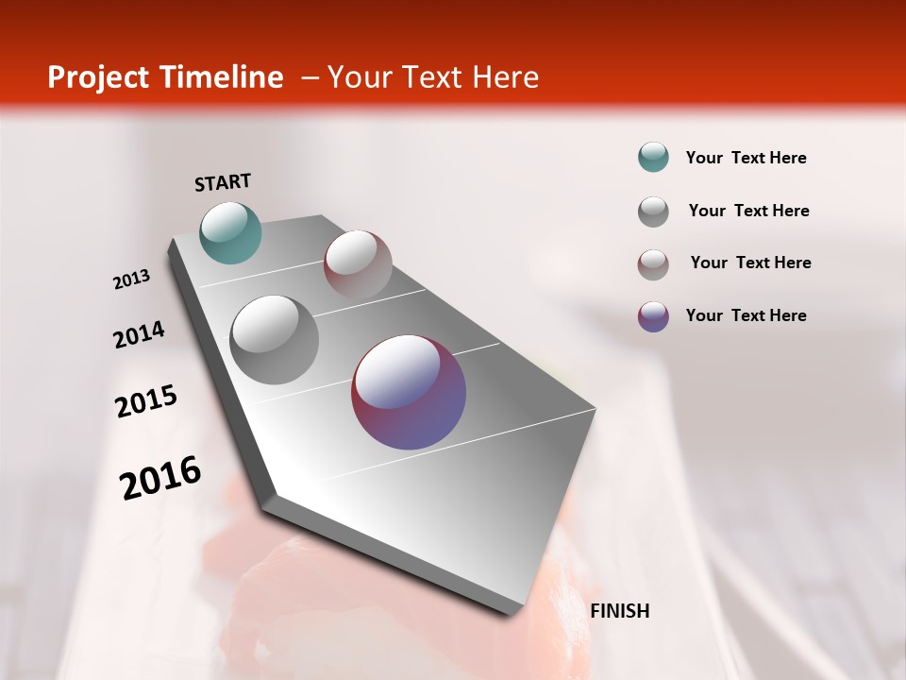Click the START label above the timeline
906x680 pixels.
point(223,181)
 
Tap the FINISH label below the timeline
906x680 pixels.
point(619,611)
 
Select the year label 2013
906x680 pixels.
point(131,280)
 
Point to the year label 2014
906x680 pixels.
point(139,335)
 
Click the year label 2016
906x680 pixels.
point(160,478)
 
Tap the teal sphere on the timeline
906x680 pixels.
point(230,232)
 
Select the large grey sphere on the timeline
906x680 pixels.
point(275,340)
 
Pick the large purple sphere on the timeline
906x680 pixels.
point(409,392)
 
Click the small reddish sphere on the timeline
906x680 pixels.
point(358,264)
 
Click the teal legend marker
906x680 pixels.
point(653,158)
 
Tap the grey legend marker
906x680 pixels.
point(653,212)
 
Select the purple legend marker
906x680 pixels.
point(653,316)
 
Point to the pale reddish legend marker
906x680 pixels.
point(653,264)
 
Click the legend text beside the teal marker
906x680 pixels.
point(746,158)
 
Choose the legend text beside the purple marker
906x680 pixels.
point(746,315)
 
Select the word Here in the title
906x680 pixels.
point(505,77)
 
